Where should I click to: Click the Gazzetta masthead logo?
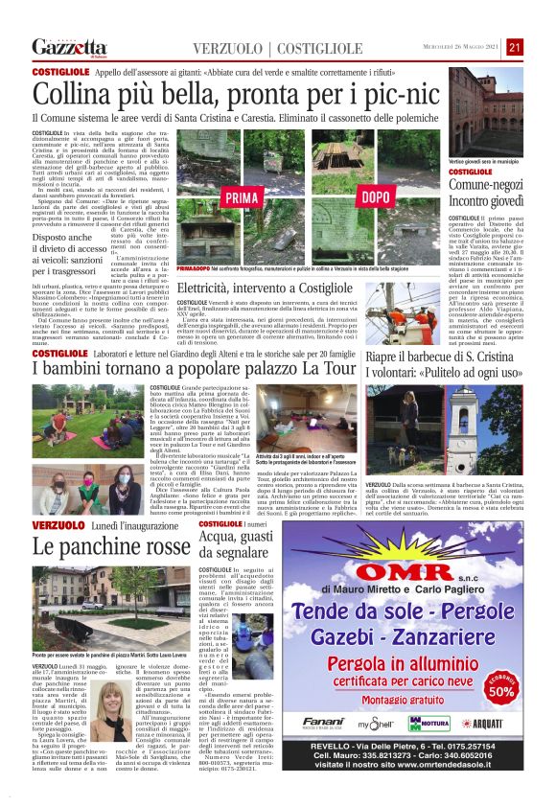pos(68,46)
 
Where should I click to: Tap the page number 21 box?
pos(515,46)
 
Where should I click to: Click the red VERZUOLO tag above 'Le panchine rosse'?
pos(60,526)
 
